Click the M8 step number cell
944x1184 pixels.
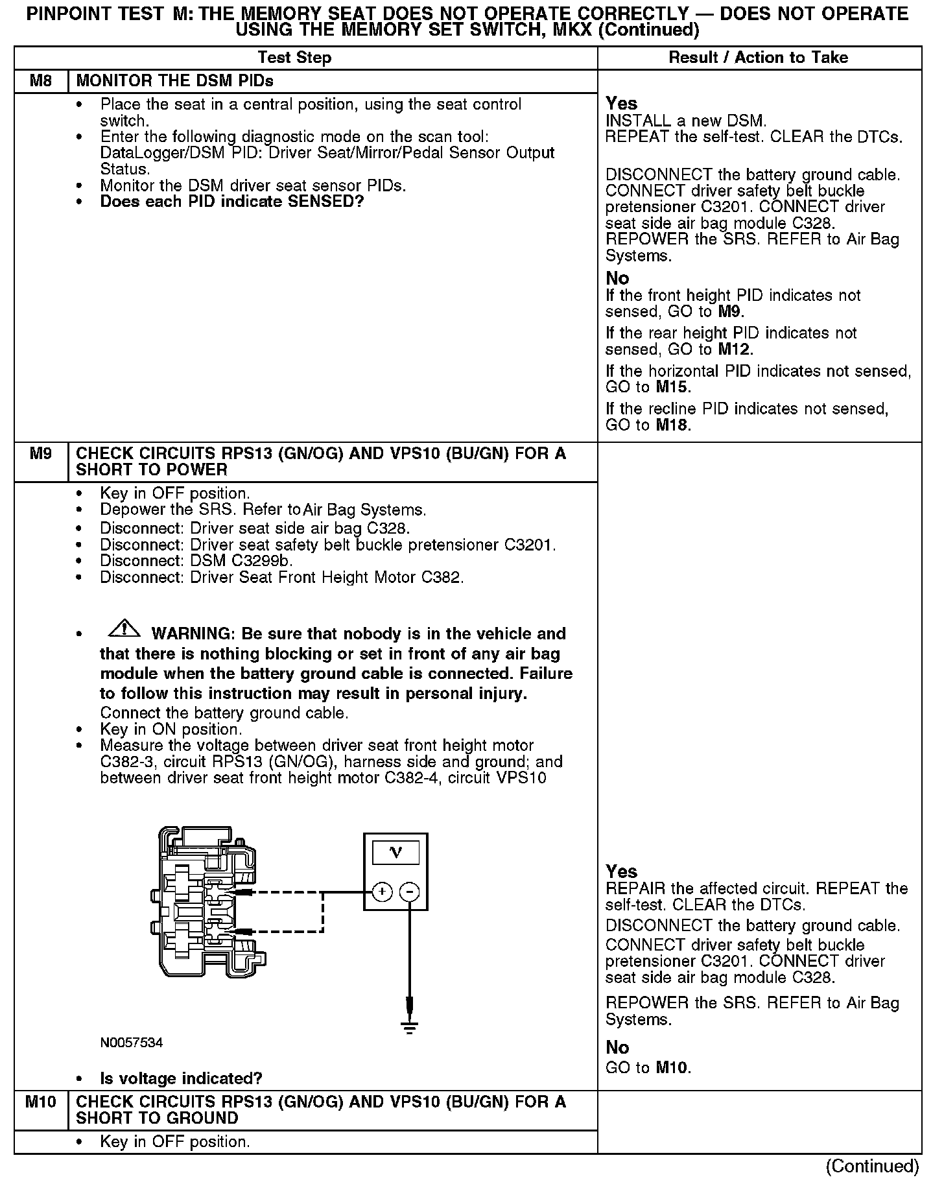click(x=41, y=81)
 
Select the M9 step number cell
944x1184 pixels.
click(x=41, y=454)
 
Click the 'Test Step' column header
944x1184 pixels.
click(x=294, y=58)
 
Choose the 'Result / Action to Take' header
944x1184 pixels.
click(x=758, y=58)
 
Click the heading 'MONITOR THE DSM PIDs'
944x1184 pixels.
click(x=174, y=81)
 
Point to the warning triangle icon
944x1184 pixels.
click(x=124, y=628)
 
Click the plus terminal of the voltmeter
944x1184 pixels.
click(x=383, y=893)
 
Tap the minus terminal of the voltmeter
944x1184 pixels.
click(x=409, y=893)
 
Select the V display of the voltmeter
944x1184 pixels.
click(x=395, y=853)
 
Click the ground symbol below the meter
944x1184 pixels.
click(x=409, y=1027)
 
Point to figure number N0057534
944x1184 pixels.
click(x=131, y=1043)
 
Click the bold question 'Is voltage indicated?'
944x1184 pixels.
click(x=181, y=1079)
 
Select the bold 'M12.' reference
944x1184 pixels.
click(x=735, y=350)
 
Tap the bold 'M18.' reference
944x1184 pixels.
click(x=674, y=425)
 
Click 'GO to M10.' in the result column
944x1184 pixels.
click(x=648, y=1067)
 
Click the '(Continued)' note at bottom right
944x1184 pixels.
click(x=872, y=1166)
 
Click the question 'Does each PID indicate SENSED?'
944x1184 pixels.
click(x=231, y=202)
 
